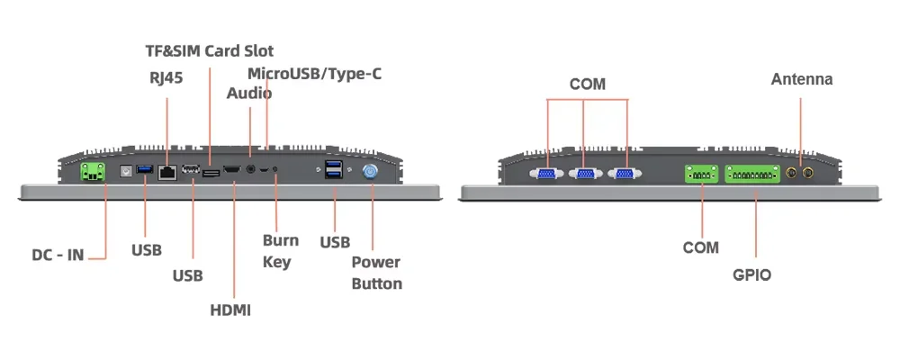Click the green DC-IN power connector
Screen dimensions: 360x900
(92, 171)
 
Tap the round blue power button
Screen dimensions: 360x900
(370, 171)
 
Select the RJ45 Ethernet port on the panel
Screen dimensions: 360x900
(166, 171)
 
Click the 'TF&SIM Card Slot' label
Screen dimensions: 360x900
(209, 50)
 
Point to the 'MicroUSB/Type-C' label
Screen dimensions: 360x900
(314, 73)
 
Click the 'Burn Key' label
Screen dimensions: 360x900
(280, 251)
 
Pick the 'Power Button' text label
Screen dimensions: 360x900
(376, 273)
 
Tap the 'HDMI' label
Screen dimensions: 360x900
(230, 310)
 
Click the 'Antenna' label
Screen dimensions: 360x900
(802, 79)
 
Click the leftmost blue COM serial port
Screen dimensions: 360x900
(546, 173)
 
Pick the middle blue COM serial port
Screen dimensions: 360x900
(584, 173)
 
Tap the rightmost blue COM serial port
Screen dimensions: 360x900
(623, 173)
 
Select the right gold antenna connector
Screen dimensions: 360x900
(808, 171)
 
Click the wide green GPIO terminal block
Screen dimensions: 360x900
(751, 172)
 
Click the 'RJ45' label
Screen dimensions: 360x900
(166, 77)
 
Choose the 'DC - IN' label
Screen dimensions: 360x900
(58, 255)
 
